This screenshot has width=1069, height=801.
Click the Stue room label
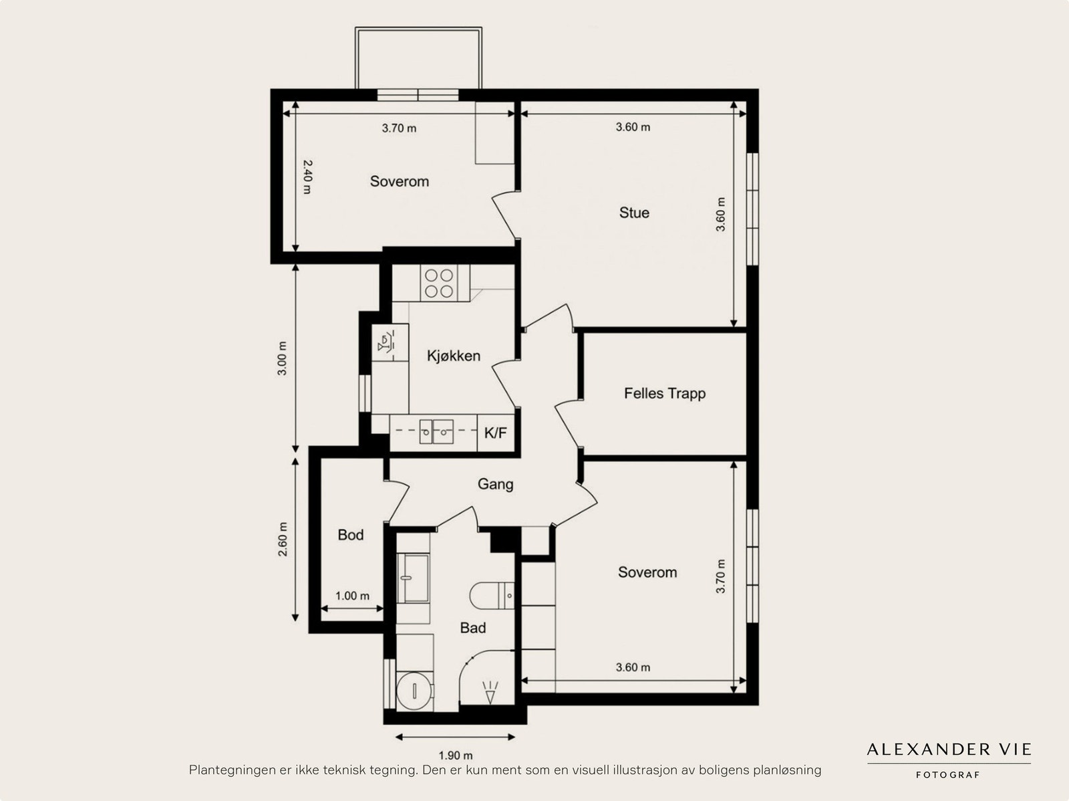pyautogui.click(x=633, y=213)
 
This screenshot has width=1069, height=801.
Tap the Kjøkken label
pyautogui.click(x=454, y=356)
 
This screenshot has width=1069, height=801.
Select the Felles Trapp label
pyautogui.click(x=665, y=393)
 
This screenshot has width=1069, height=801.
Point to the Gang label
pyautogui.click(x=495, y=484)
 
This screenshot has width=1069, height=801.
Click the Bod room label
pyautogui.click(x=351, y=535)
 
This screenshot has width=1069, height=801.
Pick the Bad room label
pyautogui.click(x=473, y=628)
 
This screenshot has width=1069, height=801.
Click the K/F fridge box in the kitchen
pyautogui.click(x=496, y=433)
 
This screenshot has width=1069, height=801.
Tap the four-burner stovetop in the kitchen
pyautogui.click(x=439, y=283)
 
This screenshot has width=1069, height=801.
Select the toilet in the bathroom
pyautogui.click(x=492, y=595)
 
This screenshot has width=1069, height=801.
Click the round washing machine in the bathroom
pyautogui.click(x=414, y=691)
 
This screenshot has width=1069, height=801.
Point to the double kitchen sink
pyautogui.click(x=436, y=432)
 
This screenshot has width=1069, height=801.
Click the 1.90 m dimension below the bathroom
pyautogui.click(x=456, y=756)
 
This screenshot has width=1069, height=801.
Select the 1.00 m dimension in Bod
pyautogui.click(x=352, y=596)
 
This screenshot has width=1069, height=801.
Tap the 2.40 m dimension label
pyautogui.click(x=307, y=177)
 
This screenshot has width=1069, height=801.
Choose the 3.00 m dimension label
pyautogui.click(x=282, y=358)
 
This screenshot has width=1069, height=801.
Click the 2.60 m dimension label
pyautogui.click(x=283, y=540)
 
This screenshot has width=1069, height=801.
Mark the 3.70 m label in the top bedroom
pyautogui.click(x=399, y=128)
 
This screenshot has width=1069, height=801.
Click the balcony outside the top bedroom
pyautogui.click(x=418, y=58)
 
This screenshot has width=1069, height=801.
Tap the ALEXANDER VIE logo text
pyautogui.click(x=949, y=749)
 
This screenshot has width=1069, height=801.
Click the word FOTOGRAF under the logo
pyautogui.click(x=947, y=775)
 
